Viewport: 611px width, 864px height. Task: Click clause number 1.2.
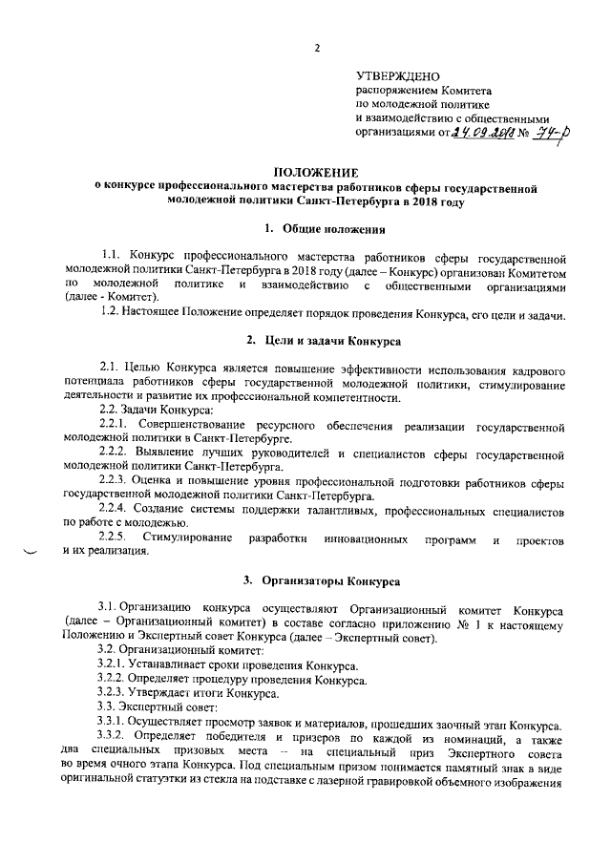tap(113, 314)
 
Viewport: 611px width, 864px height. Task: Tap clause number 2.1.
tap(113, 368)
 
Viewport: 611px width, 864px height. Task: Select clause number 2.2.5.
tap(117, 539)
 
